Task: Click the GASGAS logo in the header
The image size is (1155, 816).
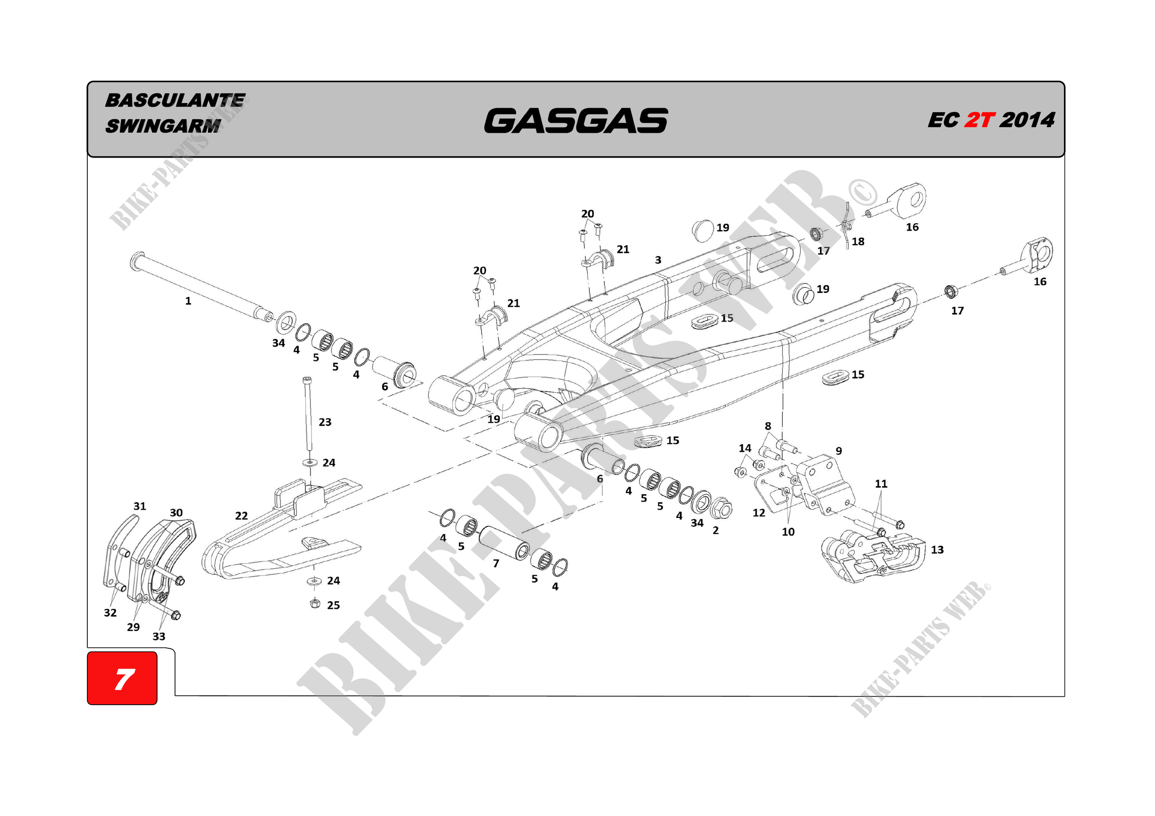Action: coord(576,121)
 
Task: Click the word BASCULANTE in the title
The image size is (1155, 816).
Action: coord(175,100)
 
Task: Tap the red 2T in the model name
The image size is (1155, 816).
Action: coord(979,120)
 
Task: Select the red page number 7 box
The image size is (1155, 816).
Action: coord(122,678)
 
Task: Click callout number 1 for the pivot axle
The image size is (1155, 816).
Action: coord(188,301)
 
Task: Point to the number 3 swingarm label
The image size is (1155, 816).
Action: coord(658,260)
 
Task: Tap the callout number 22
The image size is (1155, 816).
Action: coord(242,516)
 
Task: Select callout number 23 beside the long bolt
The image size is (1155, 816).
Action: coord(325,422)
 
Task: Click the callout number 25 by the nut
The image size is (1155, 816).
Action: coord(334,605)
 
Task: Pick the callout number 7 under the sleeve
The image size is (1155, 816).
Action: coord(496,563)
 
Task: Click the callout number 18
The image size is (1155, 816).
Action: coord(857,242)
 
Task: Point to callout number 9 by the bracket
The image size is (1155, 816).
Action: coord(839,451)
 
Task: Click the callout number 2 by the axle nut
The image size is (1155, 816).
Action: coord(716,530)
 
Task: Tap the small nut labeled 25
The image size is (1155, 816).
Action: coord(315,603)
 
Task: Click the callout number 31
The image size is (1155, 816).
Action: coord(140,506)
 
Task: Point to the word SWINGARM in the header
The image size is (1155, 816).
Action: coord(163,126)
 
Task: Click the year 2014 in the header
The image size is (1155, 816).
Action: coord(1027,120)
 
